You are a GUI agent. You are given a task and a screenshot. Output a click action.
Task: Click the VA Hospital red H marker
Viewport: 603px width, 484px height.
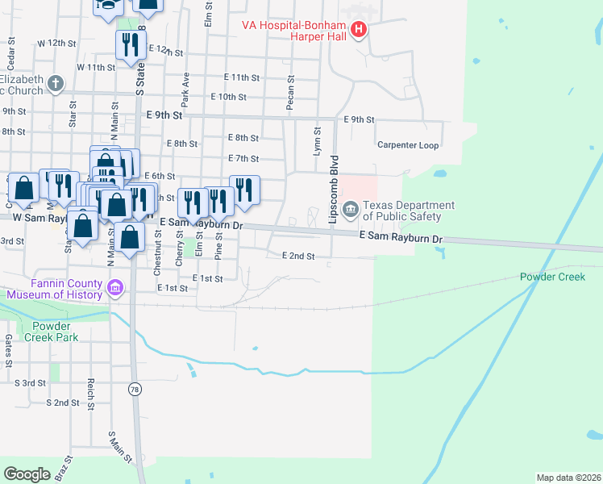pos(360,31)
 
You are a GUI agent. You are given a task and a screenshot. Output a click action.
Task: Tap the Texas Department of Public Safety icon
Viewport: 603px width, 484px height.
pos(351,211)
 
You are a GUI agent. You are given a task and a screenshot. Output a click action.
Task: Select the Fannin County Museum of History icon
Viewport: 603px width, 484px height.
pos(115,288)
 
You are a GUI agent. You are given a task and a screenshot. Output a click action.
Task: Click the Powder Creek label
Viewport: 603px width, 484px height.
pos(551,277)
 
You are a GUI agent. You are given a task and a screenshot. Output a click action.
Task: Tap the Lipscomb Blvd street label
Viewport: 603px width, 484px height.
pos(331,190)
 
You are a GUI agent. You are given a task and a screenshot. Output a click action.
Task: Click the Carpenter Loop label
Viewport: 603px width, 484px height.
pos(408,145)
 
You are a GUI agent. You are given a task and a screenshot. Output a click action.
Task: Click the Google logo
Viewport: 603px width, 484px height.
pos(27,474)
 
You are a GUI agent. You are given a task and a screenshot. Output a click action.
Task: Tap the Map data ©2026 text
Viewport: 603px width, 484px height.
pos(568,478)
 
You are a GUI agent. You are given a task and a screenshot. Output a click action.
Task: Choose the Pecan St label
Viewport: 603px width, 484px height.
pos(291,94)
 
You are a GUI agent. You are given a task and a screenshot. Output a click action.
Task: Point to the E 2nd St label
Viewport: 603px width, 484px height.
pos(297,256)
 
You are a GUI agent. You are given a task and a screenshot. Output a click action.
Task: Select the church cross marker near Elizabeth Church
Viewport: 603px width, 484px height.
pos(55,82)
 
